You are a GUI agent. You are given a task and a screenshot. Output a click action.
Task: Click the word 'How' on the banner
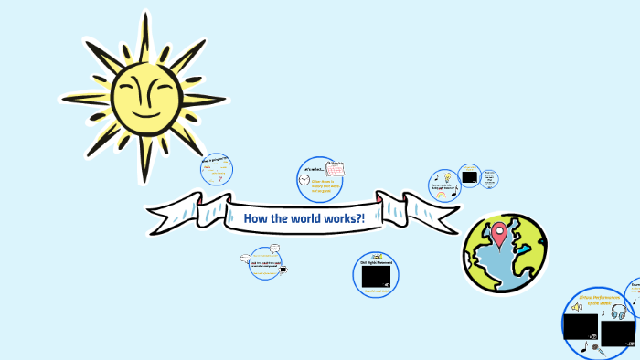click(x=254, y=217)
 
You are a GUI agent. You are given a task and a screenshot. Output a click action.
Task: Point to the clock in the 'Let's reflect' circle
click(x=304, y=181)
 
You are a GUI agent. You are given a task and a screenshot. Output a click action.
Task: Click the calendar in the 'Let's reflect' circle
click(x=335, y=169)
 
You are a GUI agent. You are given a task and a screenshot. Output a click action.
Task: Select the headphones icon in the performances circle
click(x=618, y=312)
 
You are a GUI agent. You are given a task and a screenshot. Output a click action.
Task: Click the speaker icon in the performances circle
click(x=577, y=307)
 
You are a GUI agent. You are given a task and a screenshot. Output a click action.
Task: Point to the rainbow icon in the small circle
click(x=443, y=194)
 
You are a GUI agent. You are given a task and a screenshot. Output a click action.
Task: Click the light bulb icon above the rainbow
click(x=447, y=177)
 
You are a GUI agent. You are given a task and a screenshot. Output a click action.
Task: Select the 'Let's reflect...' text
click(x=312, y=169)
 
